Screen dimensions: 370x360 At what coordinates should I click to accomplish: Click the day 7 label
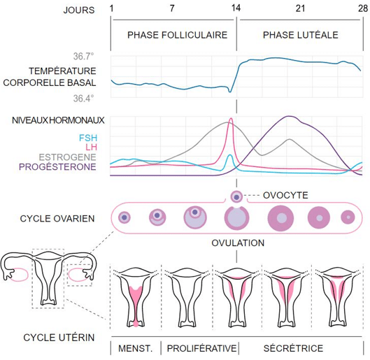pos(172,8)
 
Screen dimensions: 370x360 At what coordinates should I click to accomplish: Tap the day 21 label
pos(300,8)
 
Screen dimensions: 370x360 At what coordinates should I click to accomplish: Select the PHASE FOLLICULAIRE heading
pos(177,35)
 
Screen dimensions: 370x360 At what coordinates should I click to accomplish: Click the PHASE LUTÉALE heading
pos(300,35)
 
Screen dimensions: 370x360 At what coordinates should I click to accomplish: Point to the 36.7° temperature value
pos(83,57)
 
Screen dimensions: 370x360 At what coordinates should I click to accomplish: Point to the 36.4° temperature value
pos(83,99)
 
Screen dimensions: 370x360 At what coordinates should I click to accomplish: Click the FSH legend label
pos(88,138)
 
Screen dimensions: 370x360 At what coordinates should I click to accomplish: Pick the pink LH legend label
pos(91,147)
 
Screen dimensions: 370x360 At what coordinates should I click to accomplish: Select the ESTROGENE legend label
pos(67,157)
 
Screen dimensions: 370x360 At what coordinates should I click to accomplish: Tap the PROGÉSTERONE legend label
pos(57,167)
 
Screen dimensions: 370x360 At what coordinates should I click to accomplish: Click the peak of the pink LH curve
pos(231,118)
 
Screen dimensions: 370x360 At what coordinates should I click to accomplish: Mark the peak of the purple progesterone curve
pos(289,116)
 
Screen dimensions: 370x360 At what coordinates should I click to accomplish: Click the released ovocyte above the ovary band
pos(236,196)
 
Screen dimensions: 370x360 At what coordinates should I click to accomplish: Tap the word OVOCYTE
pos(285,196)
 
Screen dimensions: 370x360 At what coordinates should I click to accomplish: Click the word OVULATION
pos(238,243)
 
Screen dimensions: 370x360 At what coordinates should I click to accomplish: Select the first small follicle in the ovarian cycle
pos(124,217)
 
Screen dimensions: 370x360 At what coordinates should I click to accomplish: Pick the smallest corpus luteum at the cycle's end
pos(348,217)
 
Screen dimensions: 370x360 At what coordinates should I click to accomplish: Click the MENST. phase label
pos(135,348)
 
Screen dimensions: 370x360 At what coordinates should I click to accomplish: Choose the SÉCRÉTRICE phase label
pos(293,348)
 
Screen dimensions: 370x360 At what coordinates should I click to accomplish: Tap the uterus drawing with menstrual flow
pos(136,298)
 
